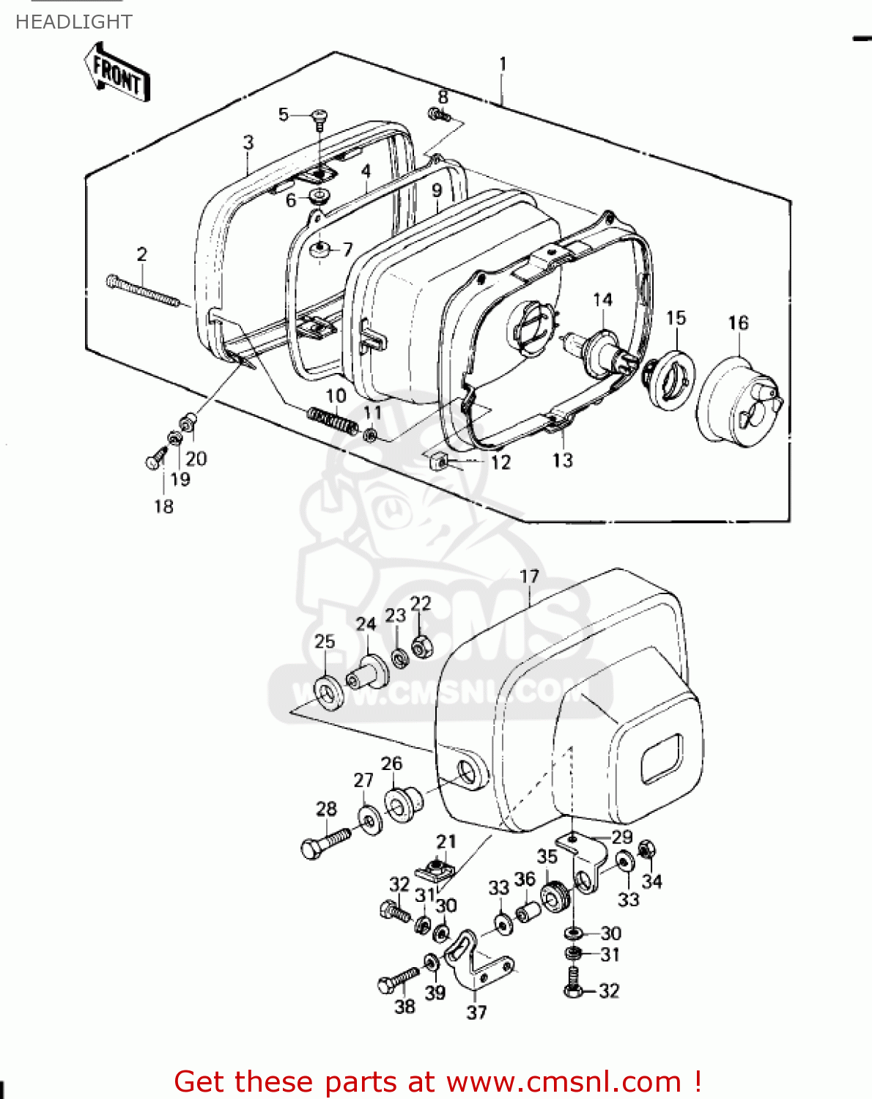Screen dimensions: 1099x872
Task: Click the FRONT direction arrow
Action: click(117, 73)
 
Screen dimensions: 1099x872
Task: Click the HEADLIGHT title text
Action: click(73, 22)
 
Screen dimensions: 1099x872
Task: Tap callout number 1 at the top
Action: click(503, 64)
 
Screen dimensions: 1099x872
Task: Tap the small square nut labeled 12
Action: click(438, 462)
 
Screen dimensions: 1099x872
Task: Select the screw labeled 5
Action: click(320, 118)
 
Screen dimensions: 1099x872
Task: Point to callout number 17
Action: click(529, 577)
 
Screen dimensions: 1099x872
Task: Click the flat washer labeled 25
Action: click(328, 692)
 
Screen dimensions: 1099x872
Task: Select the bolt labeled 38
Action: click(397, 980)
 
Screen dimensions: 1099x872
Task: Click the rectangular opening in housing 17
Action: click(661, 758)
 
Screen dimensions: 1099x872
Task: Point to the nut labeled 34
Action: click(647, 851)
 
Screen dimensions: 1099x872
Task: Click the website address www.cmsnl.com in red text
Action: click(564, 1081)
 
